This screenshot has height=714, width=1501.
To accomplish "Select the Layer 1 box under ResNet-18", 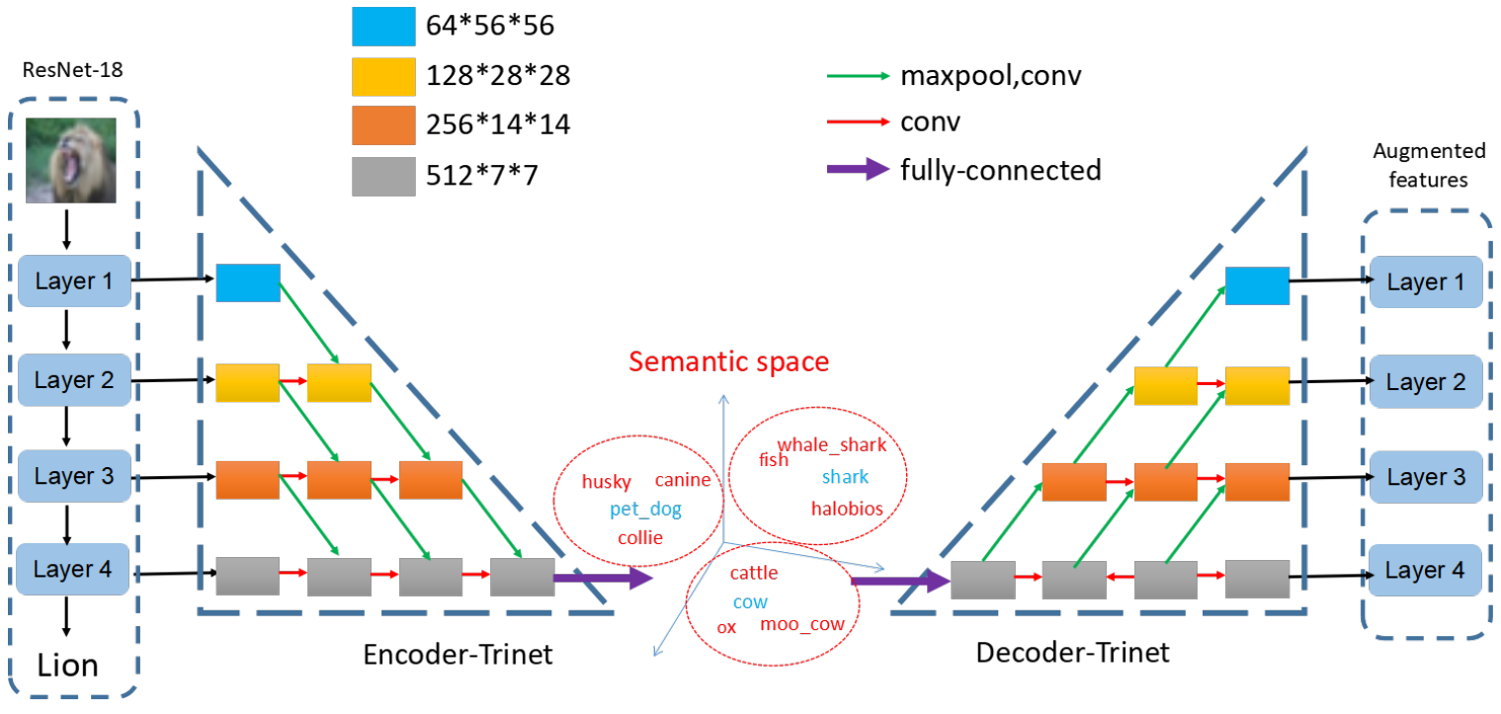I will [x=74, y=281].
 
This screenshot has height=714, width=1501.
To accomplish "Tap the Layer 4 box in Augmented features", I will [x=1426, y=570].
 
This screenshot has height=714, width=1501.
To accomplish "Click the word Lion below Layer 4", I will [x=68, y=665].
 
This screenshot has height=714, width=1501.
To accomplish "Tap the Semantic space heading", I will [x=729, y=361].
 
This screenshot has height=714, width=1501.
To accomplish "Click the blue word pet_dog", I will [x=645, y=510].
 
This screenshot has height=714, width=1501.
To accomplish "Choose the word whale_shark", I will [x=832, y=444].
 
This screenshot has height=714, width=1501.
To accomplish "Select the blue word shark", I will [x=845, y=477].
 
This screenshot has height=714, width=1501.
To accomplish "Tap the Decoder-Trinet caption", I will [x=1072, y=653].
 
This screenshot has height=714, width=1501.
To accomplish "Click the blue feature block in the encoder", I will [x=248, y=282].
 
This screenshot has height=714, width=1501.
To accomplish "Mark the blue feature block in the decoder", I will [x=1257, y=285].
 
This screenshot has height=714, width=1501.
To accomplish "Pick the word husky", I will [x=606, y=482].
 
